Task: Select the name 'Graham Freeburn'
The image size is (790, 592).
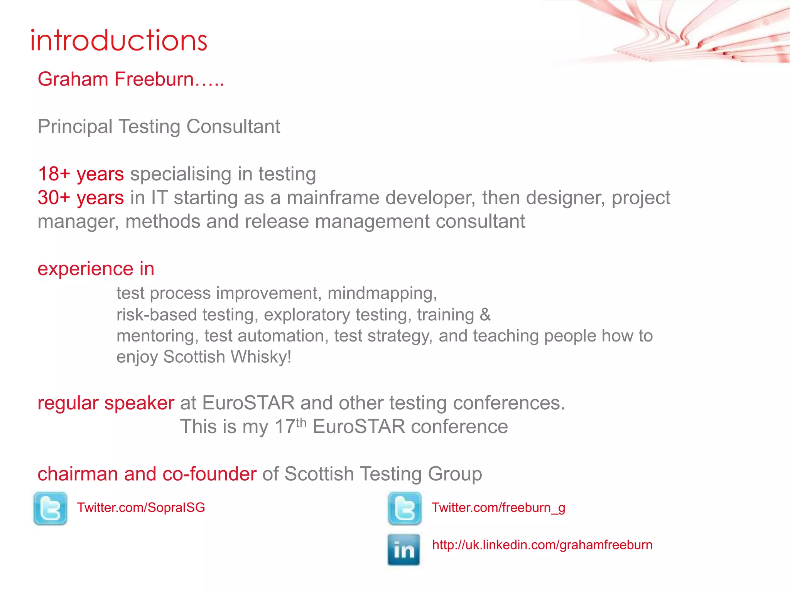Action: [116, 79]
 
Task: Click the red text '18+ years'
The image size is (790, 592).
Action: [81, 174]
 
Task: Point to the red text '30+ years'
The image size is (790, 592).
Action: [81, 198]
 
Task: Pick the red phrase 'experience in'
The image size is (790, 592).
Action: [96, 269]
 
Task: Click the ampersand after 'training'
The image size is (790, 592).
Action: [485, 314]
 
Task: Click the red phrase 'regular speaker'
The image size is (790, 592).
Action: [106, 403]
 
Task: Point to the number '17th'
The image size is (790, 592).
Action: [290, 426]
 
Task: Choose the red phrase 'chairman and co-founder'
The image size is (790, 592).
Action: [147, 474]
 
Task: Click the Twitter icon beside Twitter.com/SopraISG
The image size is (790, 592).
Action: [50, 508]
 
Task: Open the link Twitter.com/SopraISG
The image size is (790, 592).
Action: [141, 508]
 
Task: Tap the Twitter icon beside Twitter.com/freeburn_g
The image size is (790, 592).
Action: [405, 508]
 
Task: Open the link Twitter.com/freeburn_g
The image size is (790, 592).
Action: [498, 508]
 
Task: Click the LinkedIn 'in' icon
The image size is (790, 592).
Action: [403, 549]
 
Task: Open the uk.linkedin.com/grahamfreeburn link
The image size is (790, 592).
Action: [542, 545]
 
